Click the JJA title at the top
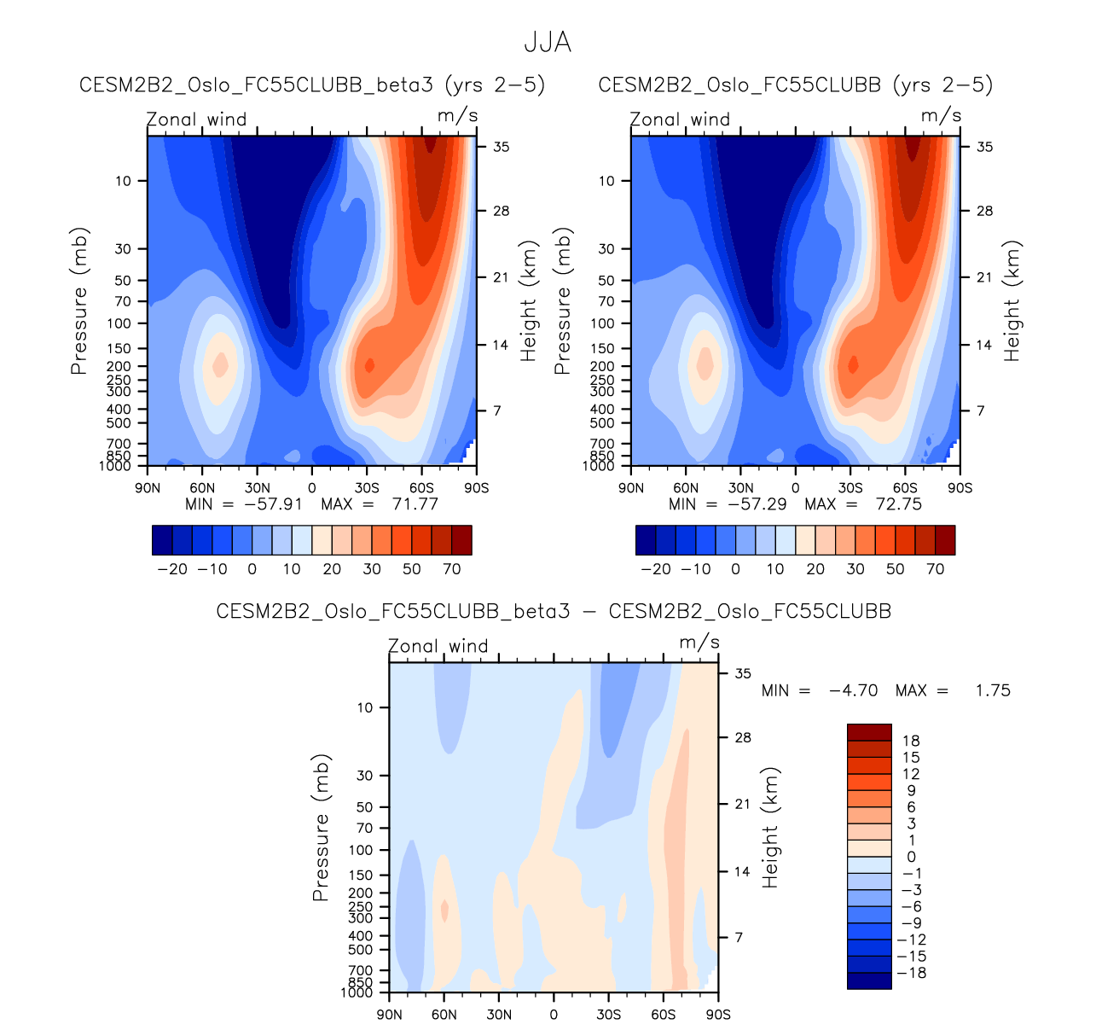(547, 43)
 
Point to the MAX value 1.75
(993, 690)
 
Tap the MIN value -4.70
(853, 690)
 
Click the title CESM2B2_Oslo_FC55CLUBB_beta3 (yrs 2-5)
(312, 85)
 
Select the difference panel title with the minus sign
(554, 612)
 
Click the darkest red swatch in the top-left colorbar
(461, 540)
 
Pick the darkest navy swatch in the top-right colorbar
(646, 540)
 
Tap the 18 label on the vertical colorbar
(912, 741)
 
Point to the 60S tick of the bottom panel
(663, 1015)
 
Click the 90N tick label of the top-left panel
(148, 488)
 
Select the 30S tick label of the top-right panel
(850, 488)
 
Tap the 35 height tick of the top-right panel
(984, 147)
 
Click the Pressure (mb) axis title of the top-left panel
(79, 300)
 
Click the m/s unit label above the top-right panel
(941, 116)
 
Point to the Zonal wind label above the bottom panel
(438, 646)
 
